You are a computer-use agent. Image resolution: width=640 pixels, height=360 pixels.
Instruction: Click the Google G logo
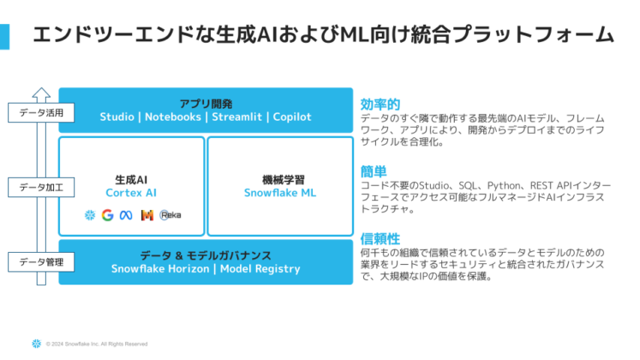tap(107, 215)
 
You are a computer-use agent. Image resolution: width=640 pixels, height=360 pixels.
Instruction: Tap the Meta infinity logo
tap(126, 215)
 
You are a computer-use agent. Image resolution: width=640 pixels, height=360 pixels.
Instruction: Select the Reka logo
tap(170, 215)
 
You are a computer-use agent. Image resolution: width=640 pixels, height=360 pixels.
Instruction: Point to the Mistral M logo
tap(147, 215)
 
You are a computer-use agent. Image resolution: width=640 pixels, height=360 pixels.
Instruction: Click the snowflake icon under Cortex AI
tap(89, 215)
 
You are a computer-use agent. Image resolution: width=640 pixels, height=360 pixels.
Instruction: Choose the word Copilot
tap(292, 117)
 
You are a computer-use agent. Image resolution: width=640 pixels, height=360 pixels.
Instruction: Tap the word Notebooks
tap(174, 117)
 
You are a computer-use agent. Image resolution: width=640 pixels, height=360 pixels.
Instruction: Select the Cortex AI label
tap(131, 194)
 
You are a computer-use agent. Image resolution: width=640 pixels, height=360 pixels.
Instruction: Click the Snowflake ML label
tap(278, 194)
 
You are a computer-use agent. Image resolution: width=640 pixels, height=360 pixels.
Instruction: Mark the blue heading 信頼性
tap(380, 238)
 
